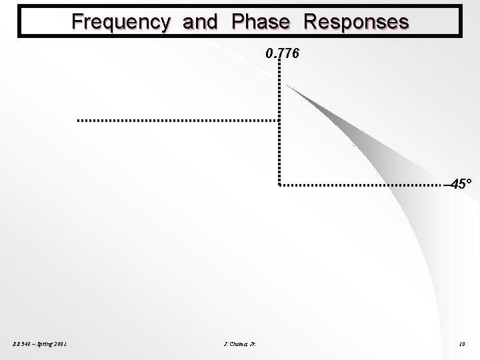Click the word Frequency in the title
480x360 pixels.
point(121,22)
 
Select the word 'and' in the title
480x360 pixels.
point(199,22)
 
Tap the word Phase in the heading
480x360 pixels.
point(261,22)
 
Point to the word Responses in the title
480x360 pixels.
point(356,22)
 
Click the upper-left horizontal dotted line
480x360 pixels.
point(177,121)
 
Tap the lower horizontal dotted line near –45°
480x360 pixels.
point(360,184)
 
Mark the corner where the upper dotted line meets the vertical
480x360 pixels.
point(279,121)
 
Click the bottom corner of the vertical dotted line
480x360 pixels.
point(279,184)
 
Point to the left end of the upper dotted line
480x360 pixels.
point(79,121)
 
